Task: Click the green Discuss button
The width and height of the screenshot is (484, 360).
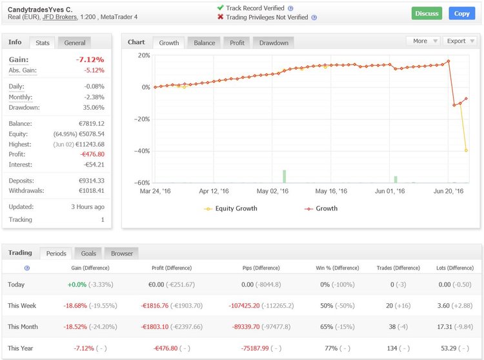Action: pyautogui.click(x=427, y=13)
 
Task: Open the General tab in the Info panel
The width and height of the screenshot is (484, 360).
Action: pyautogui.click(x=75, y=43)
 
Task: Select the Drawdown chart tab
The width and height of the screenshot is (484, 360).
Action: pyautogui.click(x=274, y=43)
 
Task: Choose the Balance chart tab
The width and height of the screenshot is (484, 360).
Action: pyautogui.click(x=205, y=43)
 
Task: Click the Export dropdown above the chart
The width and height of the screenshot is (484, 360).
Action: pyautogui.click(x=460, y=41)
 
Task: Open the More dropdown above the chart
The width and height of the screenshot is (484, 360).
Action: pyautogui.click(x=423, y=41)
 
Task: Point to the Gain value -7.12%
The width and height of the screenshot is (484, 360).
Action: pyautogui.click(x=91, y=59)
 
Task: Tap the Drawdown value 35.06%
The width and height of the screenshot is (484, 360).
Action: pyautogui.click(x=92, y=107)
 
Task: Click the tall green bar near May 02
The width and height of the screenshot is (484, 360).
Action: pyautogui.click(x=284, y=176)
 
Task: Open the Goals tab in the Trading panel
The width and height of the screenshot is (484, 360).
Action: pyautogui.click(x=88, y=254)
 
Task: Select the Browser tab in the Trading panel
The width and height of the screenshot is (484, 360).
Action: pyautogui.click(x=121, y=254)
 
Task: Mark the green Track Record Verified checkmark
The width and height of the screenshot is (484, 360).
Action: pyautogui.click(x=220, y=8)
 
